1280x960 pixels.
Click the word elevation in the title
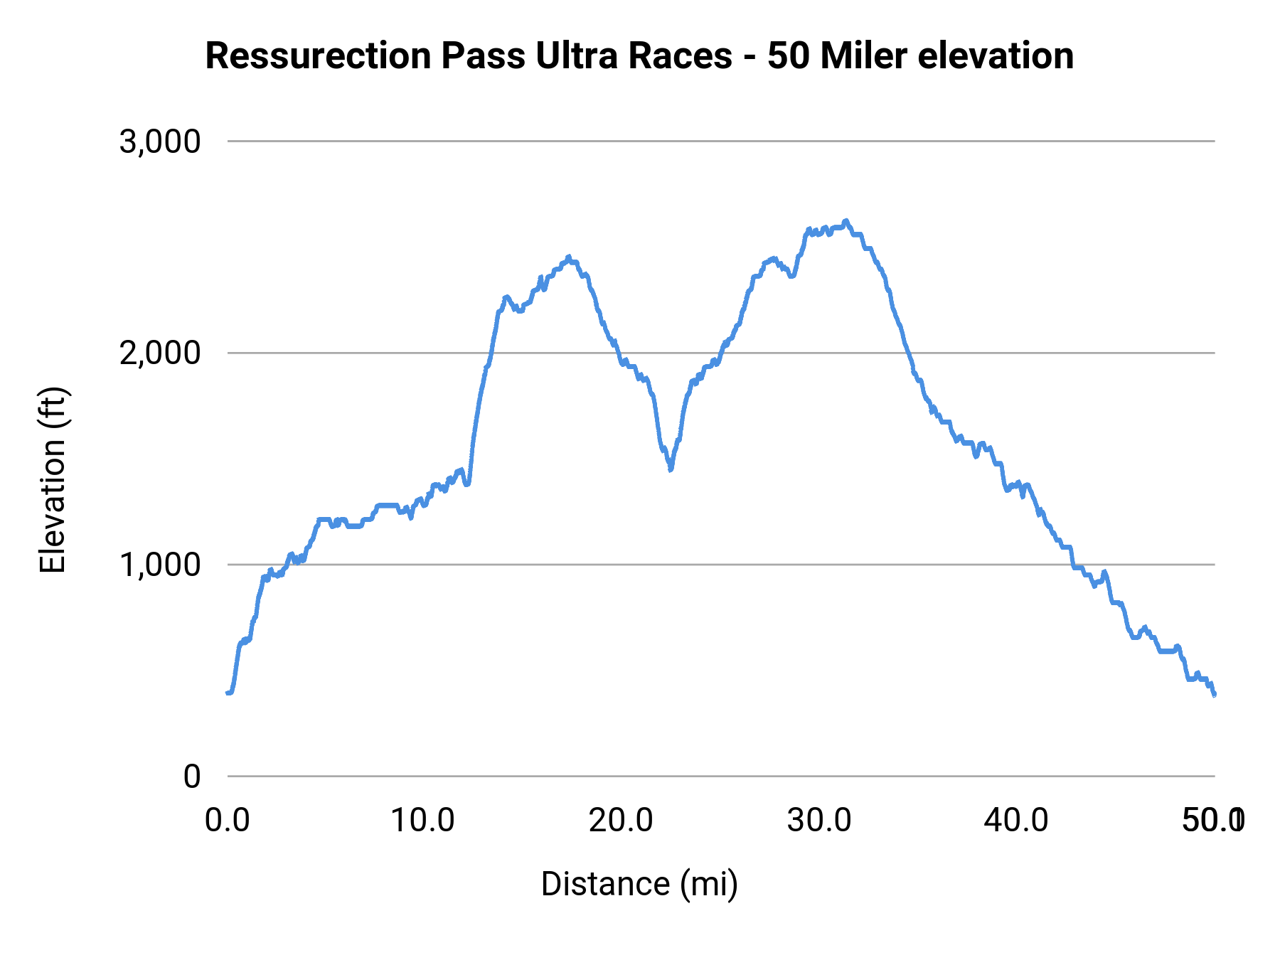click(995, 56)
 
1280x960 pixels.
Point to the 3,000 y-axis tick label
click(160, 142)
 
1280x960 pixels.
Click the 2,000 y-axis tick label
click(160, 353)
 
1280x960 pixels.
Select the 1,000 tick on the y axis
click(160, 565)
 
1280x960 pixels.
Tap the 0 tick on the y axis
click(191, 776)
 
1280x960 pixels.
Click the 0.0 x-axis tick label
click(228, 821)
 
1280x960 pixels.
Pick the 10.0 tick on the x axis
click(423, 821)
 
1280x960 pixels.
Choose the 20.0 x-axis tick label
click(621, 821)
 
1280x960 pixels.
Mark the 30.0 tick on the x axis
click(818, 821)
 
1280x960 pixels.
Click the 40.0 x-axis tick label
click(1016, 821)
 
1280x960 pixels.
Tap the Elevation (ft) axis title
click(53, 480)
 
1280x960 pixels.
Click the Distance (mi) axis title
click(639, 884)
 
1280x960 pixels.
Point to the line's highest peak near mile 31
click(846, 221)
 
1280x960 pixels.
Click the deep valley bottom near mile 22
click(671, 469)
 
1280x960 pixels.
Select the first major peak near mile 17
click(568, 257)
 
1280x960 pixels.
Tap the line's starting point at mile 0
click(228, 692)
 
